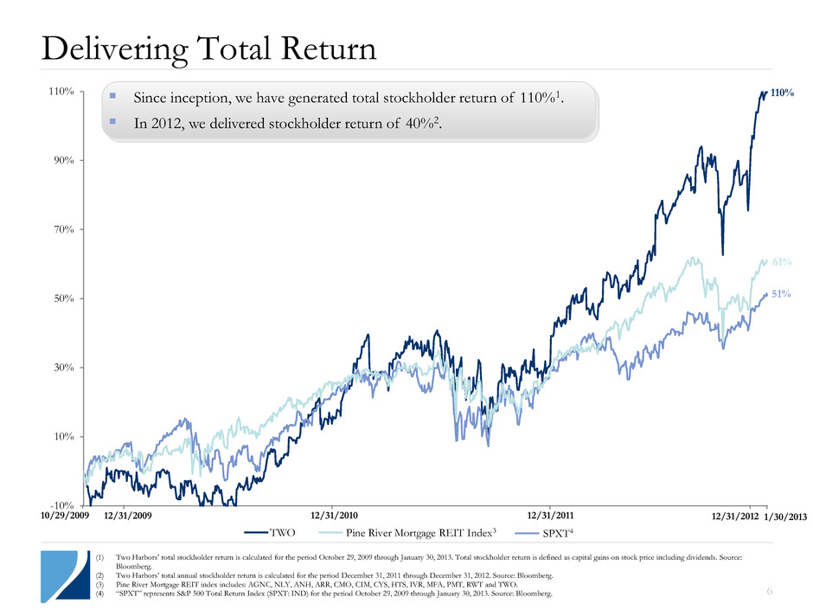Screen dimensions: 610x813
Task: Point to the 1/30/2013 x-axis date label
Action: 785,517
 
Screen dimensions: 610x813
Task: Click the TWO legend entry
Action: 281,534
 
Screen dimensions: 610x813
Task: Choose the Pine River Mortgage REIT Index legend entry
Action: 406,534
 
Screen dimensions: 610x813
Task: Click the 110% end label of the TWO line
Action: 782,93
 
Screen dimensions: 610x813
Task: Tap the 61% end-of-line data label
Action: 782,260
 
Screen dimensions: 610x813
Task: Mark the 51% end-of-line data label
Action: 782,295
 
